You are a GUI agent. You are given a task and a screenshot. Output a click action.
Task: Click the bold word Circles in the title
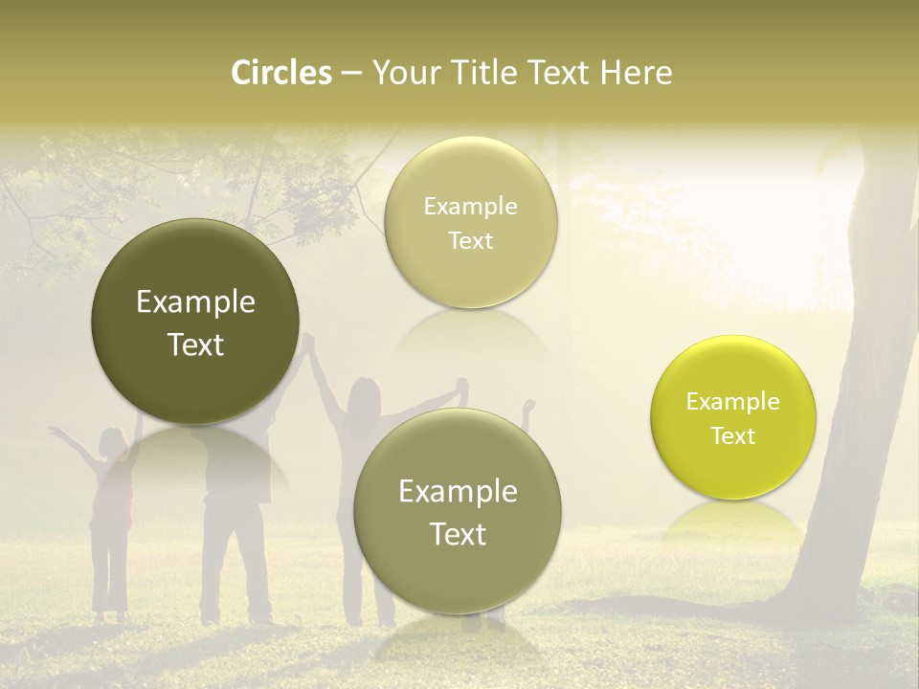point(281,73)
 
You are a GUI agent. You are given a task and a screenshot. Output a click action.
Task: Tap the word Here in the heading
point(636,73)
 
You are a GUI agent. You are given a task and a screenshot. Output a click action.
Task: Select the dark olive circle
point(195,322)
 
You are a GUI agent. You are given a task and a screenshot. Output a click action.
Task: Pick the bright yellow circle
point(733,417)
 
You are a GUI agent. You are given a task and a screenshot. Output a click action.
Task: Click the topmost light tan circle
point(470,222)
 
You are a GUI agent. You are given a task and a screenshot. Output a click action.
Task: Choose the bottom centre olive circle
point(458,512)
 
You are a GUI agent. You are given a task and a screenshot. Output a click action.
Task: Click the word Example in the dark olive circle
point(195,302)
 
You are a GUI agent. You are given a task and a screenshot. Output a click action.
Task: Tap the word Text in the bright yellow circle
point(733,436)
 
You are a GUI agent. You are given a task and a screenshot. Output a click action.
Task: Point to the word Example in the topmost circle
point(470,206)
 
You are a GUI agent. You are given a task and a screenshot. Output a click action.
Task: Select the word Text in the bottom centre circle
point(458,534)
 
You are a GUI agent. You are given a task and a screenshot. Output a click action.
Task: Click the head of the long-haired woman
point(364,392)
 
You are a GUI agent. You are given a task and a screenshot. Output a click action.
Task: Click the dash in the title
point(350,73)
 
